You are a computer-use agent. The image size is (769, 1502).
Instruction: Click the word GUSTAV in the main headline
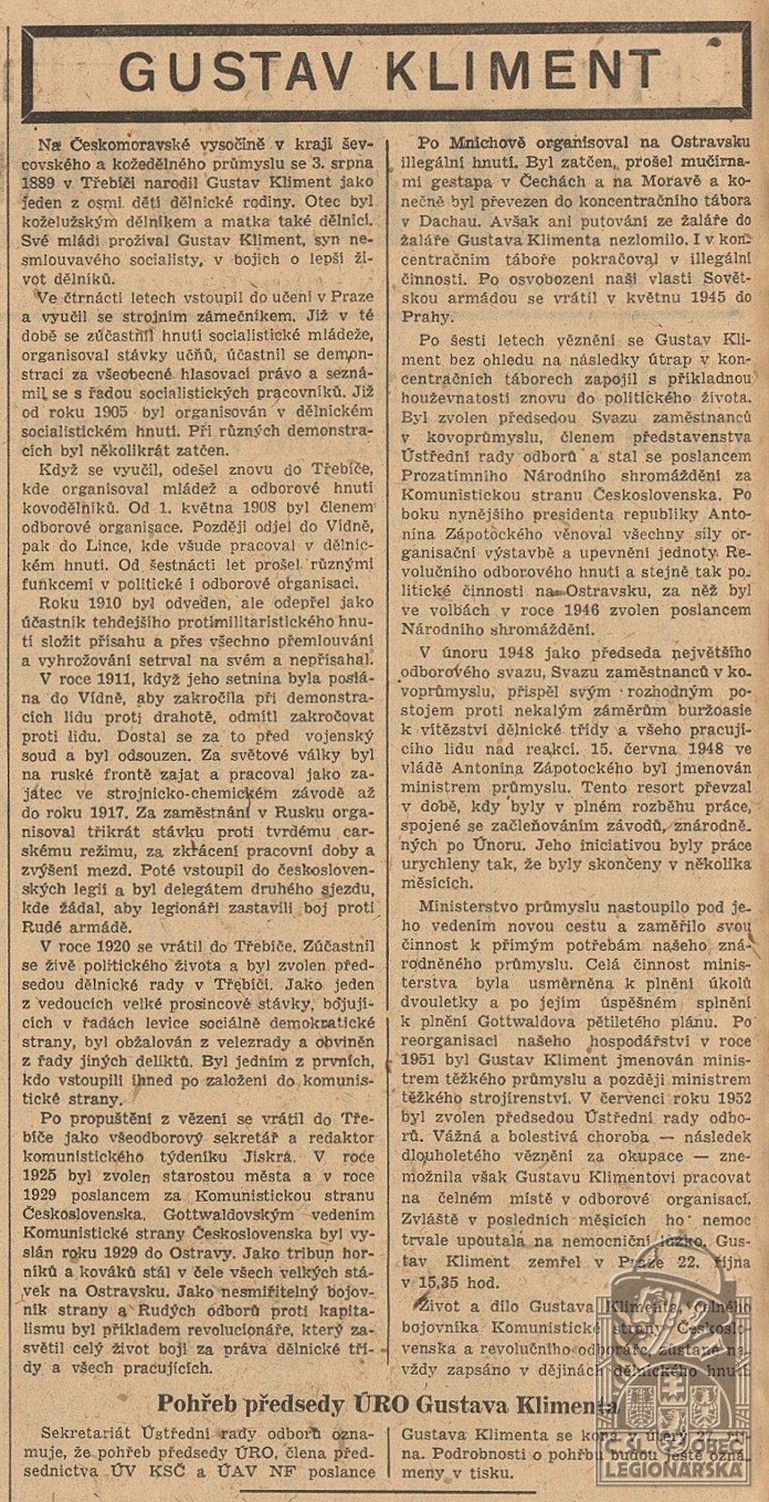tap(235, 73)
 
